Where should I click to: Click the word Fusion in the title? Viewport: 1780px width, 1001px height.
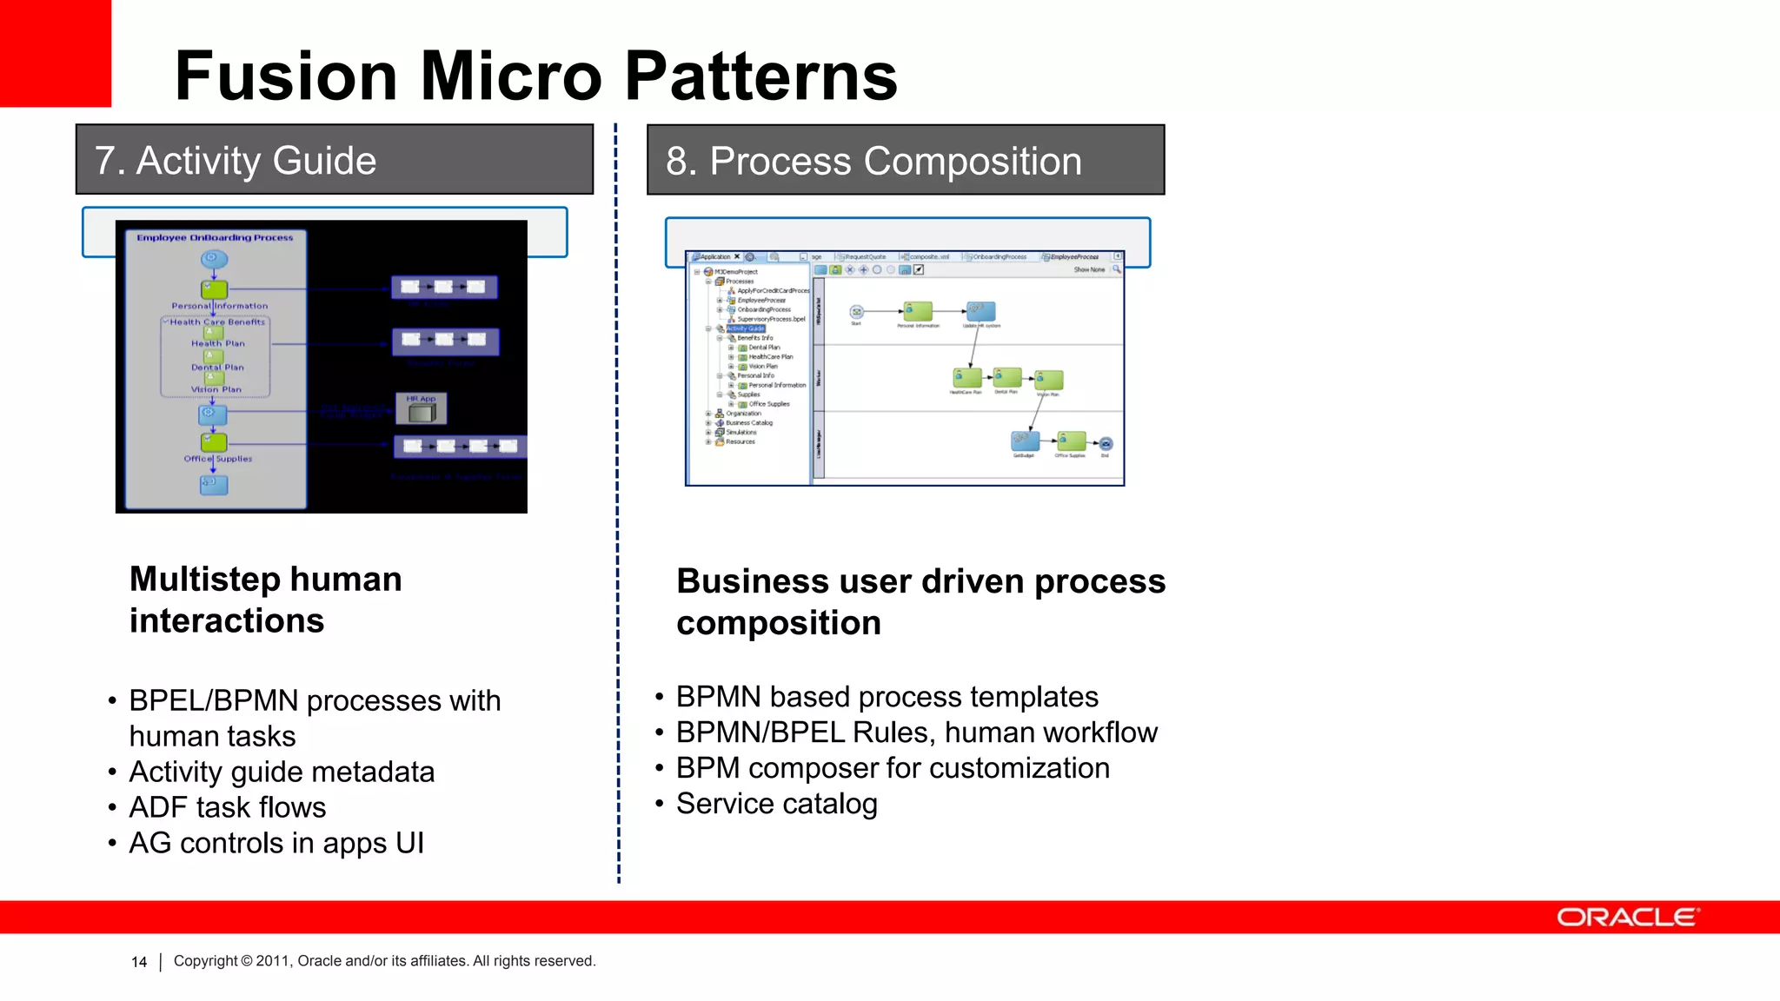pos(285,76)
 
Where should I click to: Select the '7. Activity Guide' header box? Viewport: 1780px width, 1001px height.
pos(335,160)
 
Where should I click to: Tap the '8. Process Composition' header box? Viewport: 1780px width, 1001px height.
pos(906,161)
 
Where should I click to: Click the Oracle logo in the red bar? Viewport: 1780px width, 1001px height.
pos(1626,918)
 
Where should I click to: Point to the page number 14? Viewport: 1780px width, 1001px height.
pos(139,962)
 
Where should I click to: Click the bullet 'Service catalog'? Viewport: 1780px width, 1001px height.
pos(776,804)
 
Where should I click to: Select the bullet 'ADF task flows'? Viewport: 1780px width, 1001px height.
pos(227,807)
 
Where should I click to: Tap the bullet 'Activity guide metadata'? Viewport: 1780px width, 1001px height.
pos(281,772)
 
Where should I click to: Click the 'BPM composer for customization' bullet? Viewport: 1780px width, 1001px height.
pos(893,768)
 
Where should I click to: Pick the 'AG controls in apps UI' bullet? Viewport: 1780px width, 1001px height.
pos(276,843)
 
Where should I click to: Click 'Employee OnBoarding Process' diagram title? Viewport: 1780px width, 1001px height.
pos(215,237)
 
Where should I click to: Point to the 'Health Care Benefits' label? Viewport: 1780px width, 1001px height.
pos(217,322)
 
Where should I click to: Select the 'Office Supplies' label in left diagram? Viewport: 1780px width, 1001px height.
pos(218,459)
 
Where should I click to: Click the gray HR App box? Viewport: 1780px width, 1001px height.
pos(422,409)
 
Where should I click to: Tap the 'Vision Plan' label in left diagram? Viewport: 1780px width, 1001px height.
pos(216,389)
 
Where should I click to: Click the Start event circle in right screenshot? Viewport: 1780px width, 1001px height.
pos(856,312)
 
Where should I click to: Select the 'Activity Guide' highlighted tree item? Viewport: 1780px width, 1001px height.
pos(745,328)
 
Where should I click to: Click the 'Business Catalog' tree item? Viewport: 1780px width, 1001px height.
pos(748,423)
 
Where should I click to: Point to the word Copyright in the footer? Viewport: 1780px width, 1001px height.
pos(205,961)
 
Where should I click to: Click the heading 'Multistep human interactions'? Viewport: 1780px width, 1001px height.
pos(265,600)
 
